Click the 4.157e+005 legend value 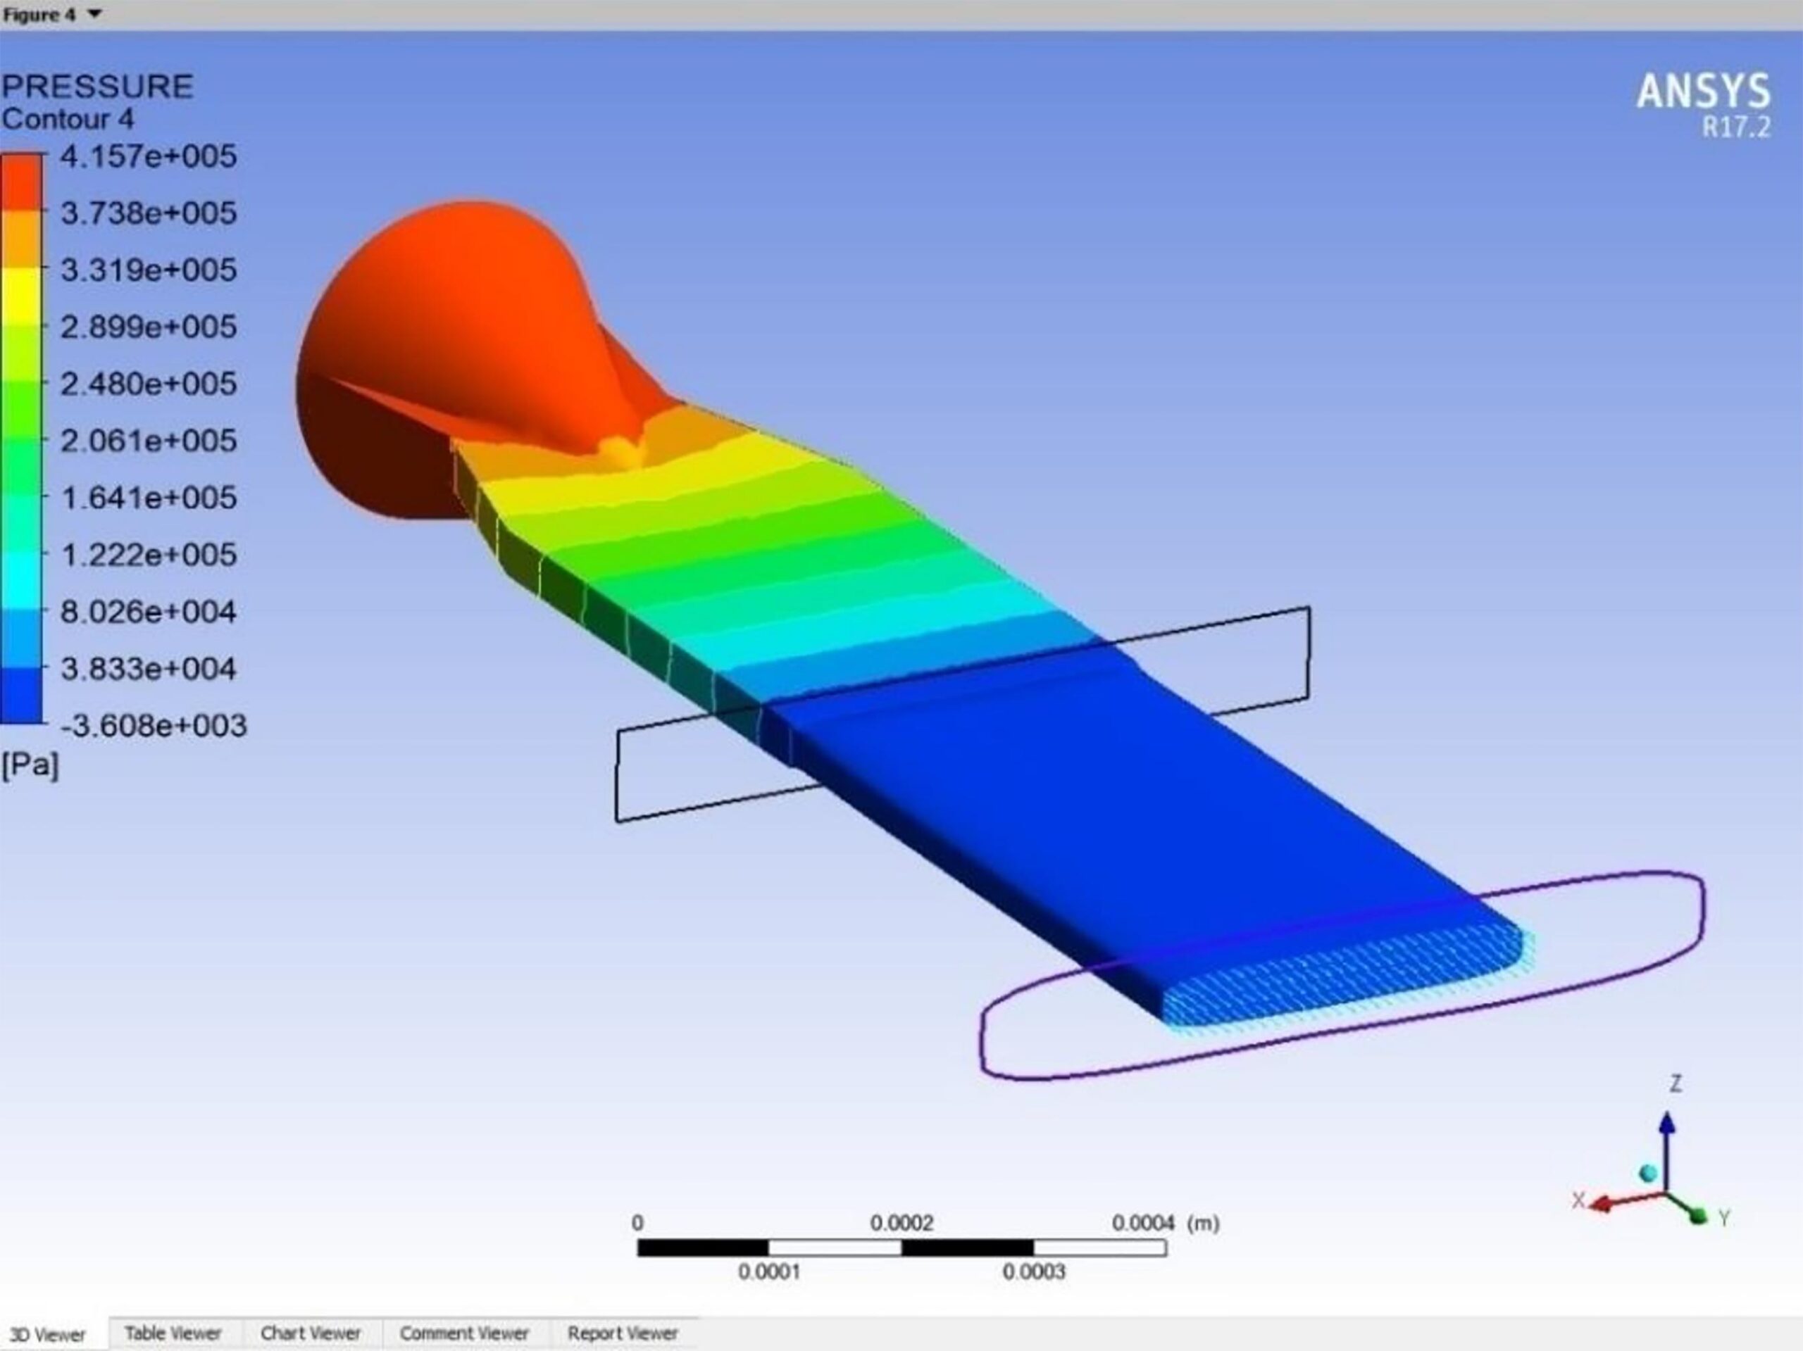pyautogui.click(x=149, y=156)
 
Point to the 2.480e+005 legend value pyautogui.click(x=149, y=383)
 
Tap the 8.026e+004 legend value pyautogui.click(x=149, y=611)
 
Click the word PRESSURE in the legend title pyautogui.click(x=97, y=87)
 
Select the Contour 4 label pyautogui.click(x=68, y=119)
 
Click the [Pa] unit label pyautogui.click(x=30, y=765)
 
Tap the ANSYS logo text pyautogui.click(x=1703, y=92)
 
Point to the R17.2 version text pyautogui.click(x=1735, y=128)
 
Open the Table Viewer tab pyautogui.click(x=173, y=1333)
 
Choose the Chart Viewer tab pyautogui.click(x=311, y=1333)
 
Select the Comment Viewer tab pyautogui.click(x=464, y=1333)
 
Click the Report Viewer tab pyautogui.click(x=623, y=1333)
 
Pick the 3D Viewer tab pyautogui.click(x=47, y=1335)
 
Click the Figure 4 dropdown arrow pyautogui.click(x=94, y=14)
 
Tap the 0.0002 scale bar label pyautogui.click(x=901, y=1223)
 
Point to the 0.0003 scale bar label pyautogui.click(x=1033, y=1272)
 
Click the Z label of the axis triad pyautogui.click(x=1676, y=1083)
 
